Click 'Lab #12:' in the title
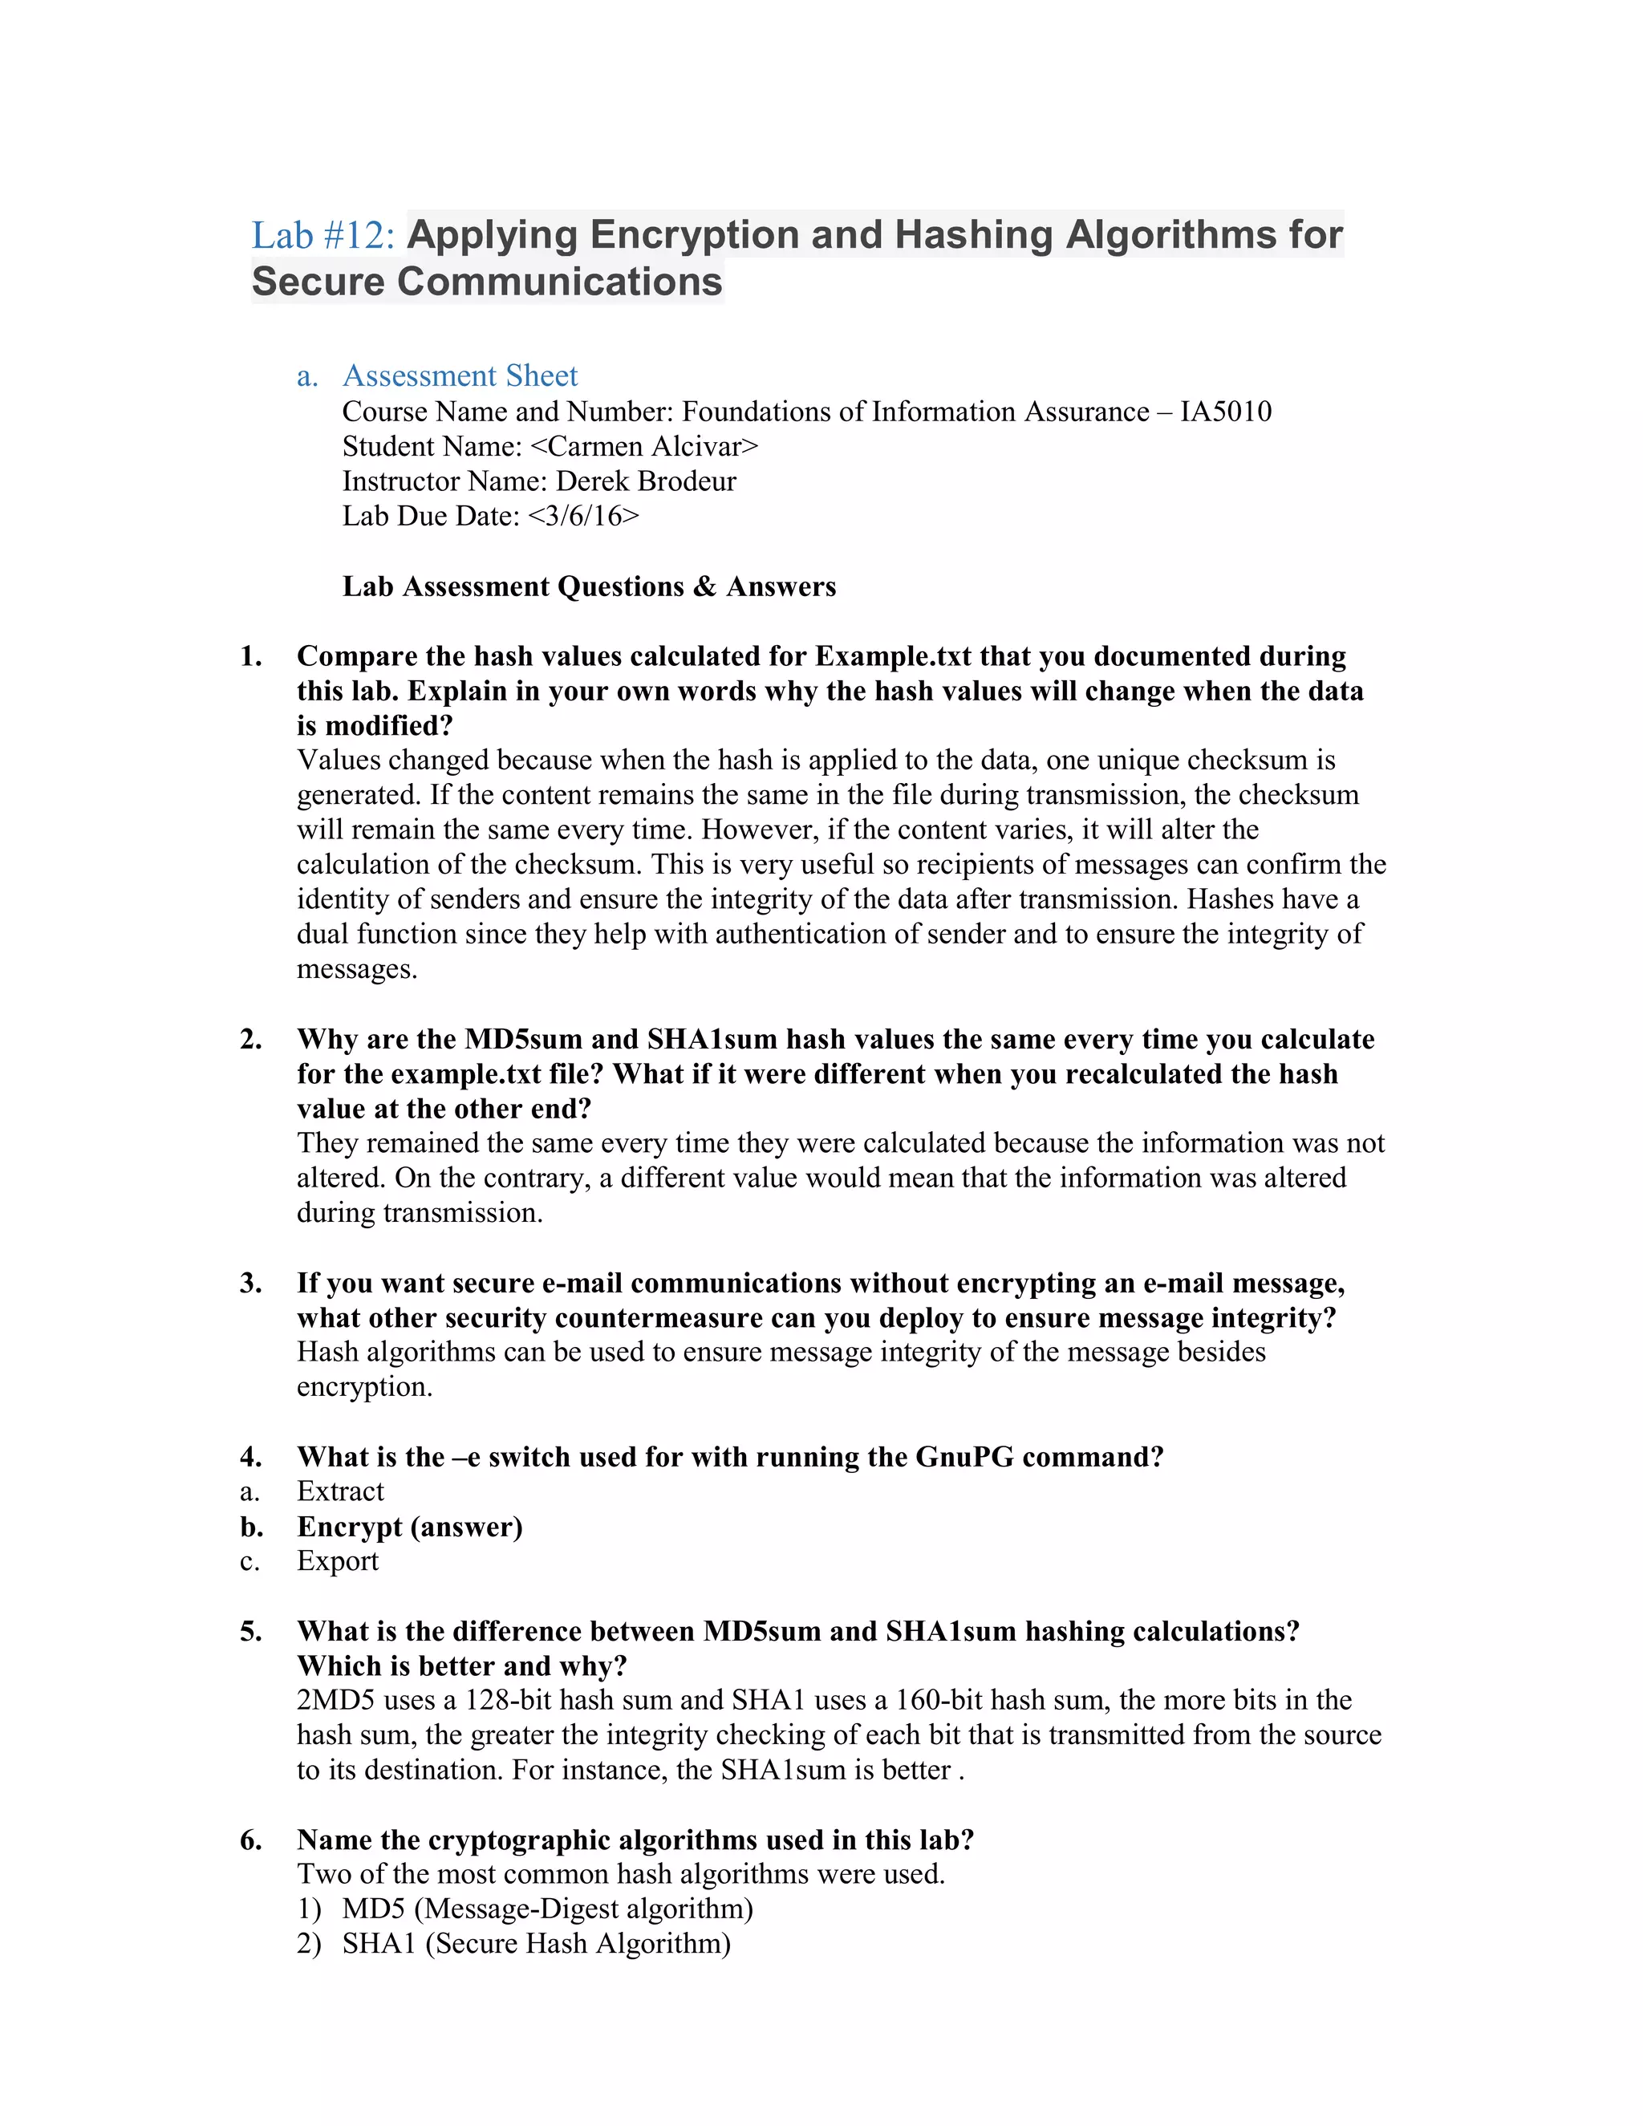click(x=323, y=236)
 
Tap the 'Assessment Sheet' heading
click(x=460, y=375)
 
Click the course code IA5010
click(x=1226, y=412)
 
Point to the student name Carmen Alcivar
click(x=643, y=447)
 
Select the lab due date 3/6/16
click(x=583, y=516)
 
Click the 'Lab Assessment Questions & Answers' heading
click(x=589, y=587)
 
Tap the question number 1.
click(x=250, y=656)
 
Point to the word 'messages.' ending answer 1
click(x=357, y=970)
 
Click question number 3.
click(x=250, y=1283)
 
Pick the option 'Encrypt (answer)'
click(x=410, y=1528)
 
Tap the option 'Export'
click(x=338, y=1561)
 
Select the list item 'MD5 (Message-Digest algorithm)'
click(x=547, y=1909)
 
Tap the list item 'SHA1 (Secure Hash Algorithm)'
click(x=535, y=1944)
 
